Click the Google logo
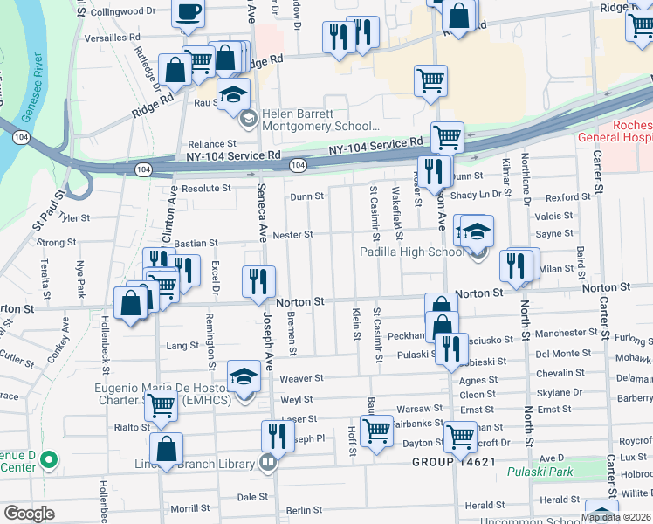click(29, 514)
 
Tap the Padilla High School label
click(413, 252)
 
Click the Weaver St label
click(301, 379)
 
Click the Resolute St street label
click(205, 188)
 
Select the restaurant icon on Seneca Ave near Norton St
click(258, 280)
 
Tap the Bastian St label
click(195, 244)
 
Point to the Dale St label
click(252, 497)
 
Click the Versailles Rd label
click(112, 38)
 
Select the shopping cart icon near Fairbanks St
click(376, 429)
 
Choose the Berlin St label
click(304, 510)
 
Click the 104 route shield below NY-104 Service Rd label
click(298, 165)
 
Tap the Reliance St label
click(213, 144)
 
